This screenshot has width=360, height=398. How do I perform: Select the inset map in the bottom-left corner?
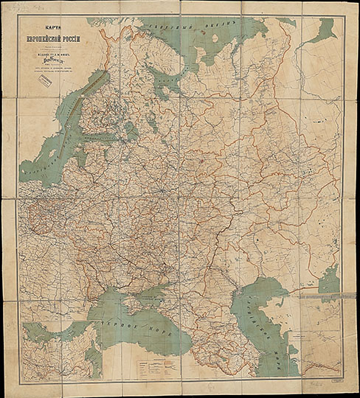click(x=60, y=349)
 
